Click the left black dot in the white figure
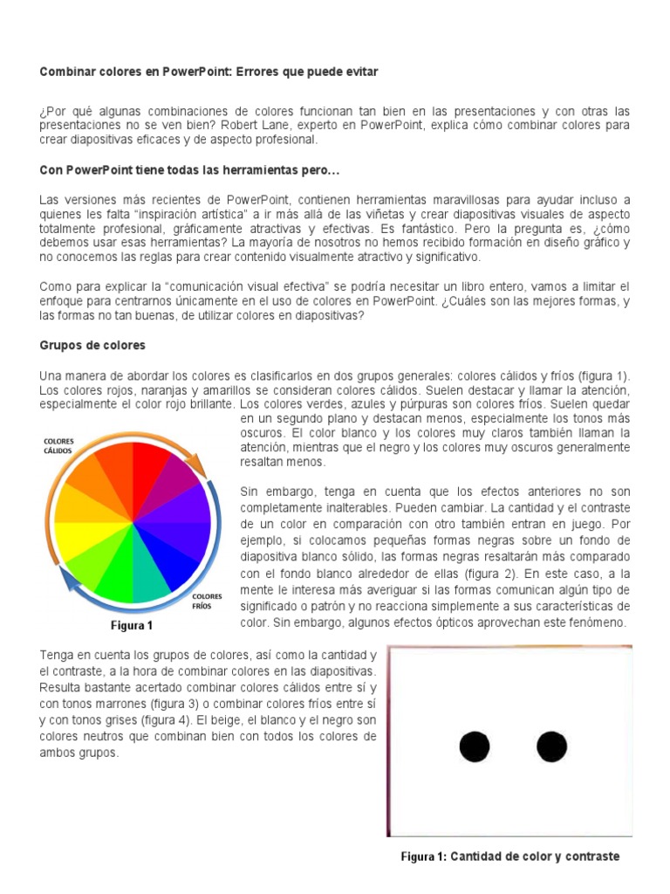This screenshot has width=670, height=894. [474, 746]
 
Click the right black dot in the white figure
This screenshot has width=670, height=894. [551, 746]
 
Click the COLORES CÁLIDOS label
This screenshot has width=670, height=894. [60, 446]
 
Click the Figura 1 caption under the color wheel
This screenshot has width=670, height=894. [131, 625]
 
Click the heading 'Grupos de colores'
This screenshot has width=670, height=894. [92, 345]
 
